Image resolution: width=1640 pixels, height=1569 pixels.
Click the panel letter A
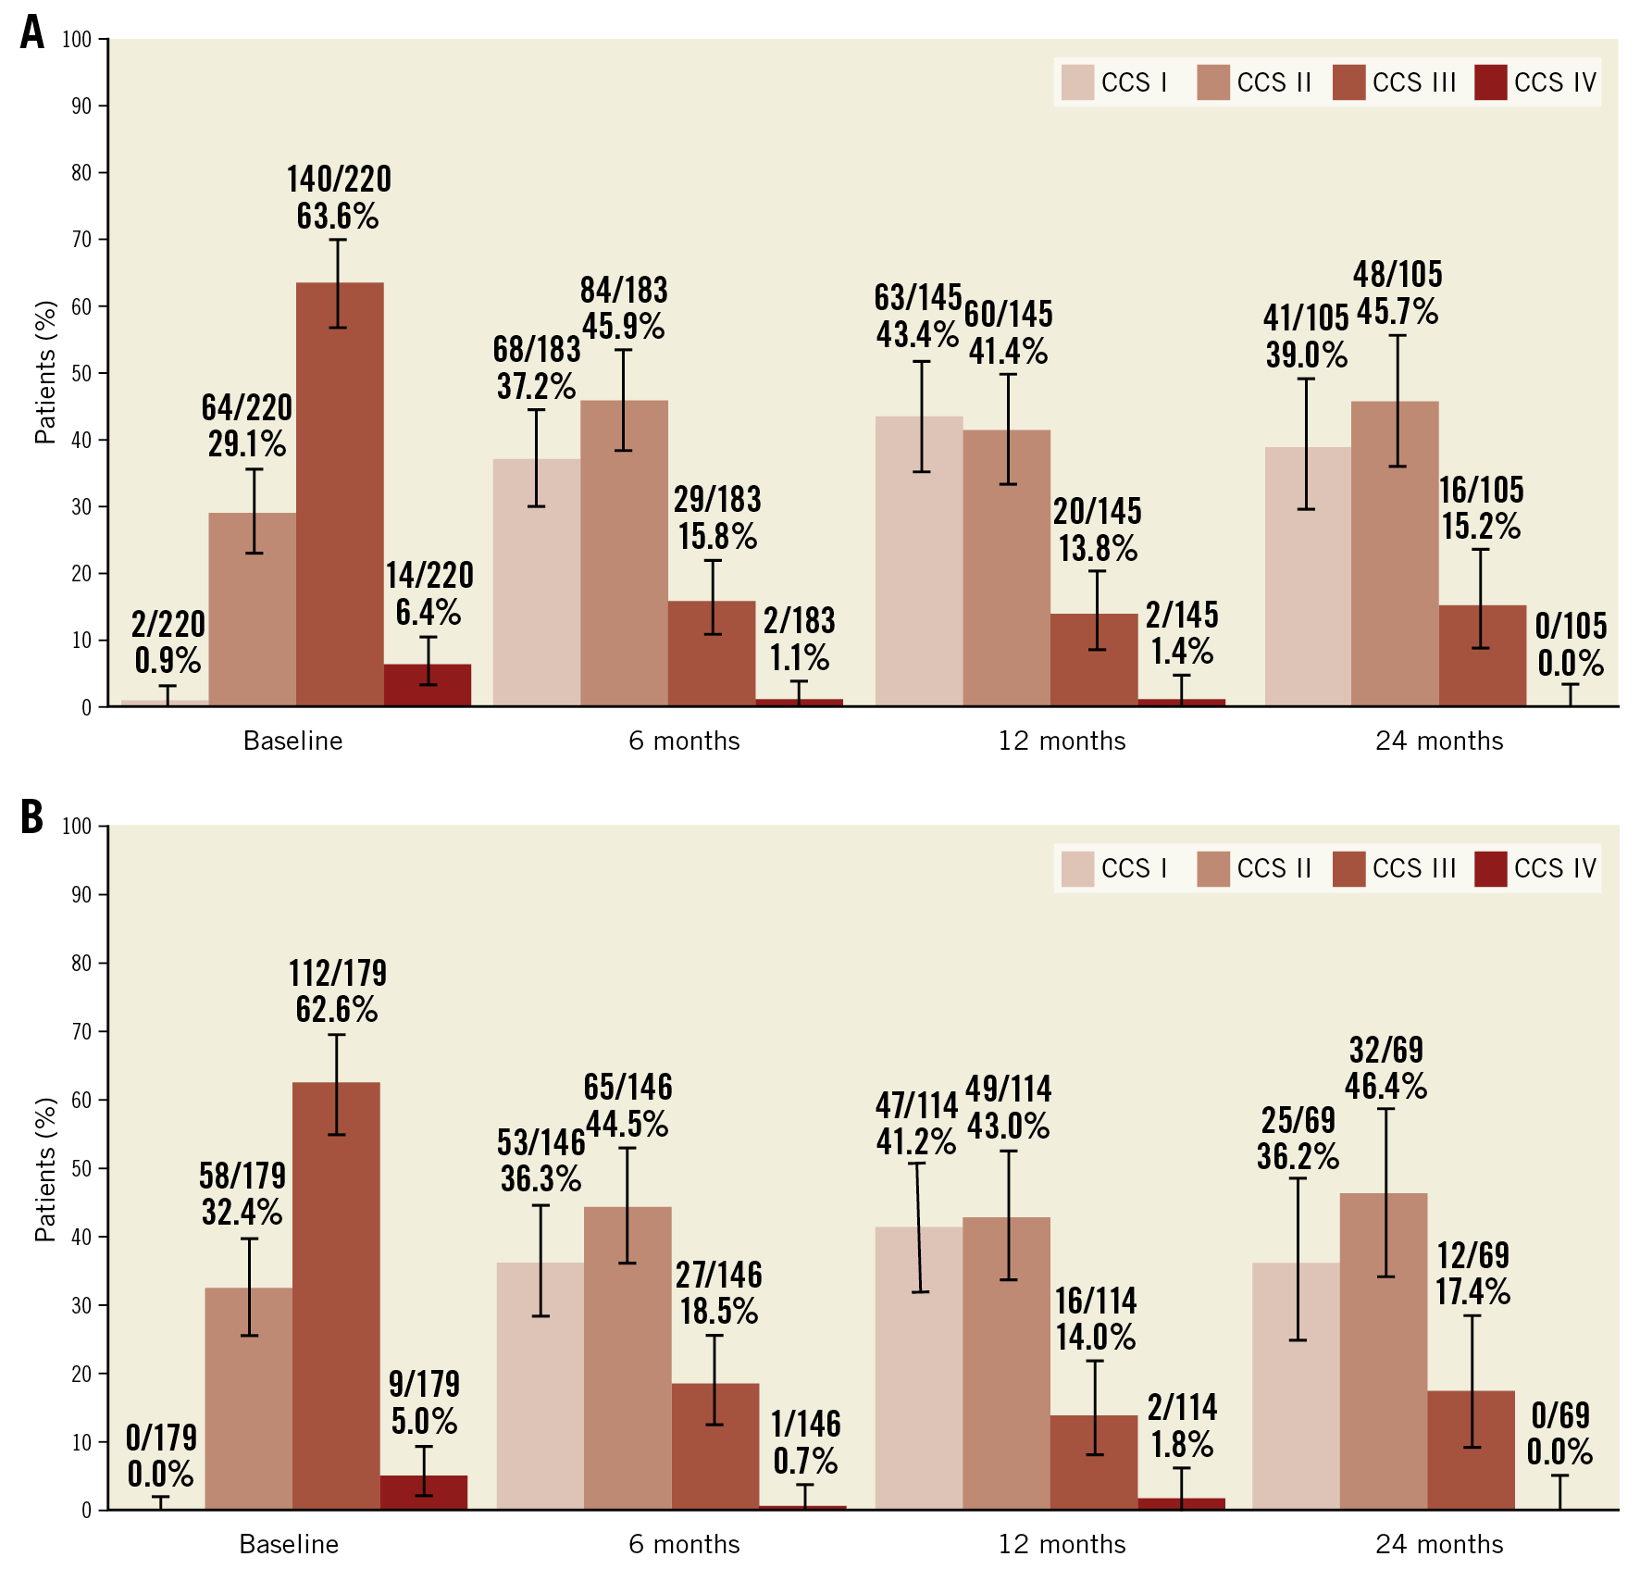32,32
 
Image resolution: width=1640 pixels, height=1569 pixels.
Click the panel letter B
32,817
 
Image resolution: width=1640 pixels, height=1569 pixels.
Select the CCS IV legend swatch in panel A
1490,82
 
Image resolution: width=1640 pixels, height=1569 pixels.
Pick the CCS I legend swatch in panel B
1077,869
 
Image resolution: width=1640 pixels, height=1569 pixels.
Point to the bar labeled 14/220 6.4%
428,686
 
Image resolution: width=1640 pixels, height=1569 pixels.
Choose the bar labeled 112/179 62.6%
336,1296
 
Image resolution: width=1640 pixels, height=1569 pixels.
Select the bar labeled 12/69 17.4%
1471,1450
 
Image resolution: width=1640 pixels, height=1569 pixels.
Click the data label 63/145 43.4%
917,316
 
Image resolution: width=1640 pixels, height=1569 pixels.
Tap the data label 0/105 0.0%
1571,644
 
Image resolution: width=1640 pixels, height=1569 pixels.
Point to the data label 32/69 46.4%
1385,1067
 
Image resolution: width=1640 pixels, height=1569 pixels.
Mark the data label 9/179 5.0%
424,1402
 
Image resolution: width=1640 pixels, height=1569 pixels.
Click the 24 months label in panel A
1439,741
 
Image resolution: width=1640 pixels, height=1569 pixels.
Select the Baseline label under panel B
289,1544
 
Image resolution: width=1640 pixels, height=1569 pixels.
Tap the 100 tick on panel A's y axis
77,39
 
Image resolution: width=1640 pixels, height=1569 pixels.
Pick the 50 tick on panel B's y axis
81,1168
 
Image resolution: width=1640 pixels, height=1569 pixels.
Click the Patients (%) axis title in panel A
45,372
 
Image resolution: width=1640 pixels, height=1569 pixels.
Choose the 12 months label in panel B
1062,1544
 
